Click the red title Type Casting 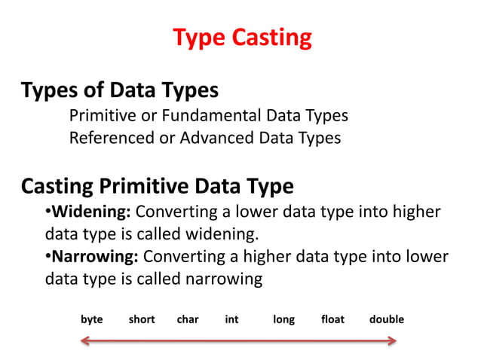[x=241, y=38]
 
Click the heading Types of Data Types [x=120, y=91]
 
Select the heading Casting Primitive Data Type [x=158, y=186]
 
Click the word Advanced [x=219, y=139]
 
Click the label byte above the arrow [x=92, y=319]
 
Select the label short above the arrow [x=142, y=319]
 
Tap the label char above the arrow [x=188, y=319]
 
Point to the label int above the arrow [x=231, y=319]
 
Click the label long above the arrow [x=283, y=319]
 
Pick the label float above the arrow [x=332, y=319]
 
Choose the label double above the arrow [x=387, y=319]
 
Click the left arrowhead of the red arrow [x=85, y=342]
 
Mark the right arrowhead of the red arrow [x=393, y=342]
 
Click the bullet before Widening [x=48, y=210]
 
